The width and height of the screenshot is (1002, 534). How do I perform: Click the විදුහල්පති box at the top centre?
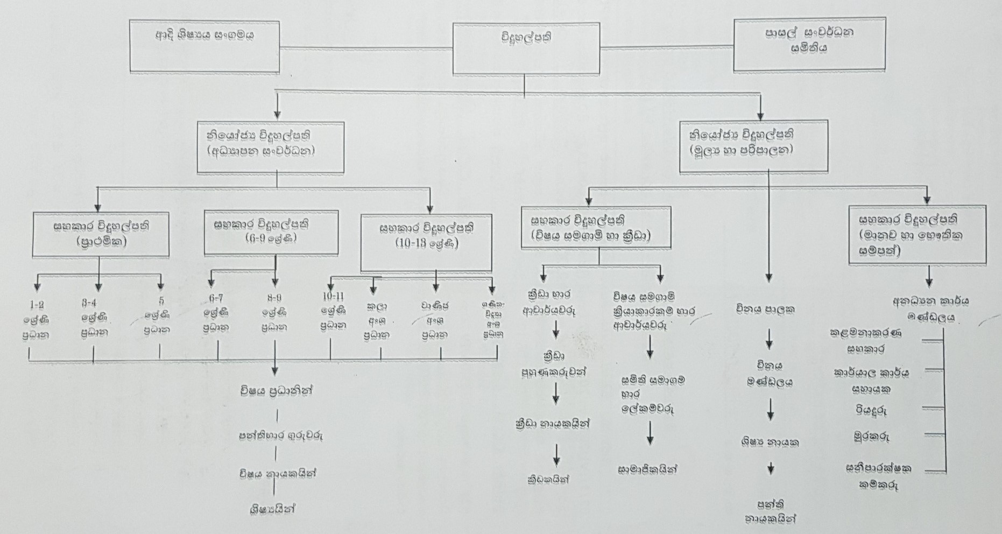pos(526,48)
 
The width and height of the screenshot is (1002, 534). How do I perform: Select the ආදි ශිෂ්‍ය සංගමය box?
pos(204,47)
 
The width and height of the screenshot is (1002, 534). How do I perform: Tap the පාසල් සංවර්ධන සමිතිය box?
pos(809,44)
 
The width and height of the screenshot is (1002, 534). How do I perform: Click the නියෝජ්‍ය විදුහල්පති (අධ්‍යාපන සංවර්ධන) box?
pos(270,146)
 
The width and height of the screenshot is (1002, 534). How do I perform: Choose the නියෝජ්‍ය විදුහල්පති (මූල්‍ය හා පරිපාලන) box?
pos(753,146)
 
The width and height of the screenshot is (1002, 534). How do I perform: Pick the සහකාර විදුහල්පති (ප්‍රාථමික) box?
pos(101,234)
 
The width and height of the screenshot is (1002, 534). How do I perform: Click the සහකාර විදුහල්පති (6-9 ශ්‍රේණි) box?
pos(271,231)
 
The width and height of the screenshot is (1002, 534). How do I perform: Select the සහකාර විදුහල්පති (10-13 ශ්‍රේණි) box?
pos(426,242)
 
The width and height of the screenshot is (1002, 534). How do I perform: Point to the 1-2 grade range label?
pos(37,305)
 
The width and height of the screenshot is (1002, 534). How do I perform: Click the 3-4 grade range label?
pos(85,304)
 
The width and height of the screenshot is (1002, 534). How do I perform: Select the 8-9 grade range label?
pos(273,298)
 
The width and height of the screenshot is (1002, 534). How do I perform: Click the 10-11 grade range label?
pos(334,297)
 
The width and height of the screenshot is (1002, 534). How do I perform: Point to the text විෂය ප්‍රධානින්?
pos(277,391)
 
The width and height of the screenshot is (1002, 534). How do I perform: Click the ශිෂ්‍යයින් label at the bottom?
pos(273,508)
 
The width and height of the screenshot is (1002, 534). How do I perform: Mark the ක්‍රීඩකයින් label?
pos(548,480)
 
